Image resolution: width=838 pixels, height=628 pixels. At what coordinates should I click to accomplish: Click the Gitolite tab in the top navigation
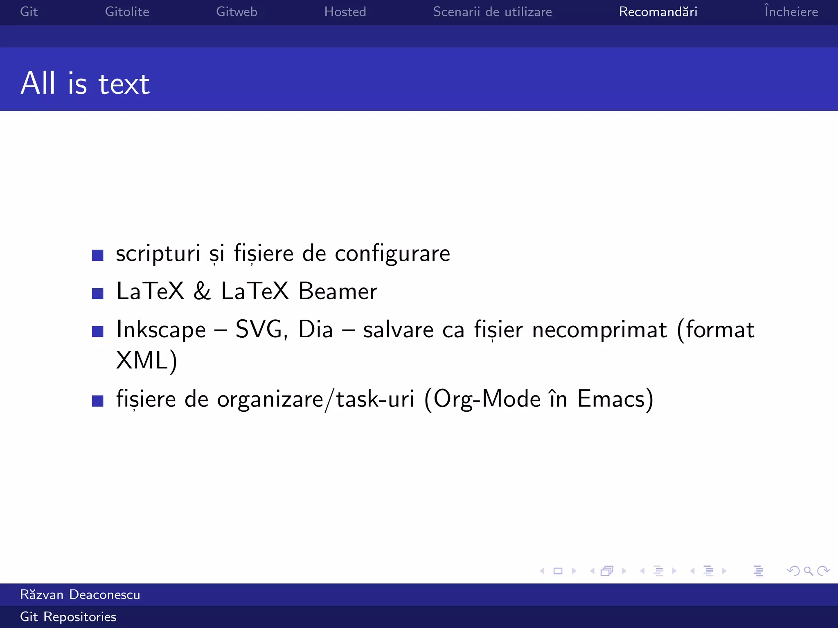point(127,12)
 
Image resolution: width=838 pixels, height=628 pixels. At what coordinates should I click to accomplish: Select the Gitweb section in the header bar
point(237,12)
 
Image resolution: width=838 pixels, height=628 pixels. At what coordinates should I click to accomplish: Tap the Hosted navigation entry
point(345,12)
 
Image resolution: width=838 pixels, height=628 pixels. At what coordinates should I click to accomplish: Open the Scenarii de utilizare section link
point(492,12)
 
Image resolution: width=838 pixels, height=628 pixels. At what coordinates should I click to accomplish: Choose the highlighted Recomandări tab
point(658,12)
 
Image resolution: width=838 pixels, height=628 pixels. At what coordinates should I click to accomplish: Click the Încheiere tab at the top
point(791,11)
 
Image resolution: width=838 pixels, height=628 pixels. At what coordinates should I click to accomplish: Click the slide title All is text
point(85,83)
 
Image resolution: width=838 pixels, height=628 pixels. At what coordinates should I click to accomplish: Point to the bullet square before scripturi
point(98,255)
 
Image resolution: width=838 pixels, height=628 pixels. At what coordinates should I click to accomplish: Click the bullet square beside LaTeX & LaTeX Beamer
point(98,293)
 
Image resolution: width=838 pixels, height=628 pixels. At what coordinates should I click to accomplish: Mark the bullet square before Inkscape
point(98,331)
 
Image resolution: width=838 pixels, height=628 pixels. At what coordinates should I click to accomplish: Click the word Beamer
point(338,292)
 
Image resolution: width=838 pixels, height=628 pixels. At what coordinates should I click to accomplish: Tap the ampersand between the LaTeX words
point(202,292)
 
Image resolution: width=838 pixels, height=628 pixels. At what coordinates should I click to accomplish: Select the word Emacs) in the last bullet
point(615,399)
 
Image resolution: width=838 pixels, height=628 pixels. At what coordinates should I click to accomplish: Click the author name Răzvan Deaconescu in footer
point(80,594)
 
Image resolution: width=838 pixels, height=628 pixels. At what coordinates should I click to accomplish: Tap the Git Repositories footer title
point(68,617)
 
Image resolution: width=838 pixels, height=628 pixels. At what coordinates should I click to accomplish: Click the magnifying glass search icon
point(808,571)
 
